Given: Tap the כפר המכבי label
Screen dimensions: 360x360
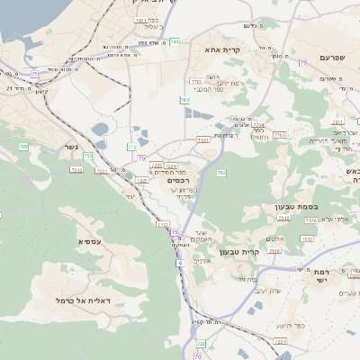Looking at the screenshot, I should point(208,88).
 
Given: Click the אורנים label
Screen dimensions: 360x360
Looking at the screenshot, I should point(202,260).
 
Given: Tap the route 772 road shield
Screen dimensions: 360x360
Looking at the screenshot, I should point(132,146).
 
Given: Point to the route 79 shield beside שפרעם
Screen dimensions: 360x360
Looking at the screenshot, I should point(303,62).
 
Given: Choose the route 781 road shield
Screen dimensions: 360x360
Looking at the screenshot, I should point(175,41).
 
